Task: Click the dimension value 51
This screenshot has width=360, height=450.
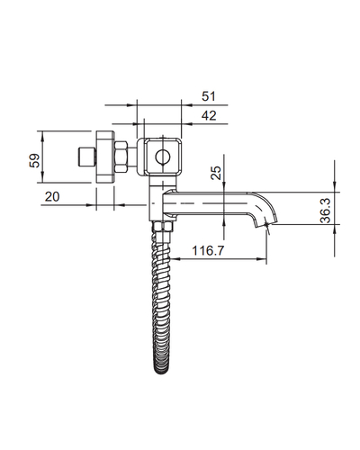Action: (209, 96)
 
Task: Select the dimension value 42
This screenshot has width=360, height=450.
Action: (209, 115)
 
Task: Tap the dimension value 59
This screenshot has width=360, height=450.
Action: (34, 160)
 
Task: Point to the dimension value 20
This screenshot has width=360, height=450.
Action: (52, 197)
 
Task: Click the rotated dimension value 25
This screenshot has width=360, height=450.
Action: (216, 173)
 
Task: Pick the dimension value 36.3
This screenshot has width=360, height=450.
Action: (325, 211)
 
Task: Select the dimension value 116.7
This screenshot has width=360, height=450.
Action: (208, 250)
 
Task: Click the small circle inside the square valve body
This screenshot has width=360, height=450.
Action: (163, 157)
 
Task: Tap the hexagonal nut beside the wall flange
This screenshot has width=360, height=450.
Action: (121, 157)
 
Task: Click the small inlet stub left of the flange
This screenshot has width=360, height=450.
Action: (87, 157)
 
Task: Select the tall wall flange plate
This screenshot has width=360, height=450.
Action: (105, 157)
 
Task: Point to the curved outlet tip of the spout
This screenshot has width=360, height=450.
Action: (265, 223)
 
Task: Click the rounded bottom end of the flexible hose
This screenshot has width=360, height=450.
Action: (161, 371)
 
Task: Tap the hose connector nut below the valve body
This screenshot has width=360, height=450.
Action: (163, 226)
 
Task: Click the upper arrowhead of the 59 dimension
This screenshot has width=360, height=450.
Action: (42, 136)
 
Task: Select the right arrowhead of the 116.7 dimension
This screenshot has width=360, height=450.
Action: (261, 259)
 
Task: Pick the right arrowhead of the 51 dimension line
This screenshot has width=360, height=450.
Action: (186, 105)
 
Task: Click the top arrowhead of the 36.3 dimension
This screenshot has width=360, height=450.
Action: (335, 187)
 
